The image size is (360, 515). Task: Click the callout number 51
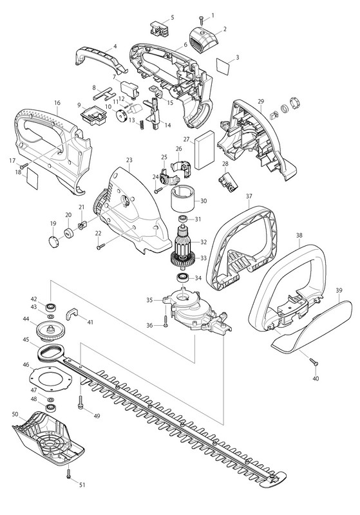82,485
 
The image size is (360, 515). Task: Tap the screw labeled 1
202,22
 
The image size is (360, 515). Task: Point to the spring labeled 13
142,124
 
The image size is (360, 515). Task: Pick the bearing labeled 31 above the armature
182,219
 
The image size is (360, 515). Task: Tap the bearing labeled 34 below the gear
181,277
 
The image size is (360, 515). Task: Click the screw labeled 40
314,362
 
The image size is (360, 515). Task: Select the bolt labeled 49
81,402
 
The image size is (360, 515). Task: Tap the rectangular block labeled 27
204,150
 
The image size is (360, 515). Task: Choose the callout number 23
129,160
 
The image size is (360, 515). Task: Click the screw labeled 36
166,321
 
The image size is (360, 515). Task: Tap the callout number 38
299,236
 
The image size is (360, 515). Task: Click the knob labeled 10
122,115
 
